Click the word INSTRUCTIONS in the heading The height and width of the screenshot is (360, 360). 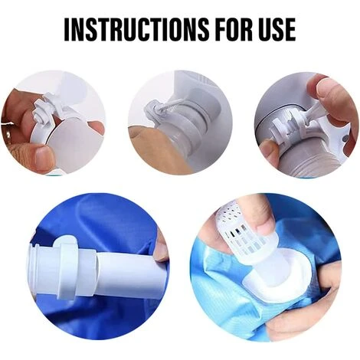click(x=136, y=29)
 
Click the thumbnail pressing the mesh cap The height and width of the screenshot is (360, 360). click(x=263, y=224)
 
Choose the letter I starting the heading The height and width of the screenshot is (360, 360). click(x=67, y=29)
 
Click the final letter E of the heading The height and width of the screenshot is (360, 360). click(x=291, y=29)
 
